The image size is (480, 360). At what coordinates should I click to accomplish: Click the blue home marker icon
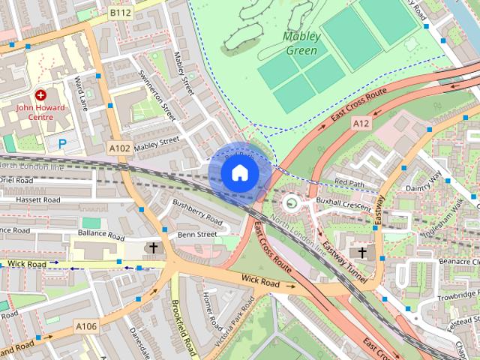[239, 172]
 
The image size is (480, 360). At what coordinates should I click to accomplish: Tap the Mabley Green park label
[301, 43]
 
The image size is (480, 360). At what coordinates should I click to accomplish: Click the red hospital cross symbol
[40, 96]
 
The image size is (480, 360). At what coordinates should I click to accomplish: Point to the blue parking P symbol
[62, 142]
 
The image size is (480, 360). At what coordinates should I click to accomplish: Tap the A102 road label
[119, 148]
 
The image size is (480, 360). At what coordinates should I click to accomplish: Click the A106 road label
[85, 326]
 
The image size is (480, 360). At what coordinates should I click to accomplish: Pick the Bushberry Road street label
[198, 212]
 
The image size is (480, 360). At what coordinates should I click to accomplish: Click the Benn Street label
[196, 235]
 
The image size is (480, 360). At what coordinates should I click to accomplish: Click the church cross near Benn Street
[154, 248]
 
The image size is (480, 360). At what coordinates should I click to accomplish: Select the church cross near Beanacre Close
[363, 253]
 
